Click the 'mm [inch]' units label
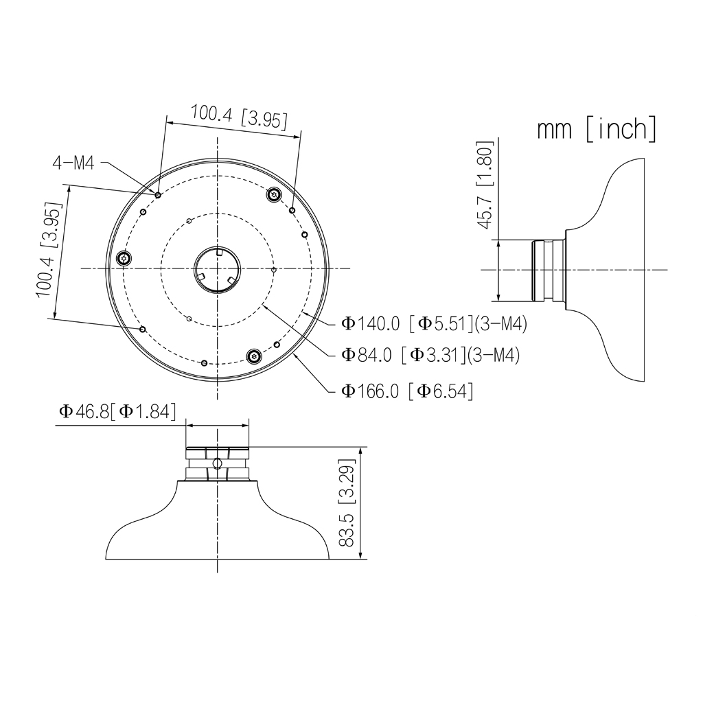[596, 129]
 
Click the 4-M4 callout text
[73, 163]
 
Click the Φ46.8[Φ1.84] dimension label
[117, 412]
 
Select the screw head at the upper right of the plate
[275, 195]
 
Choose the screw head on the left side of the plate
[124, 259]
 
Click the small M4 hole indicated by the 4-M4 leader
[158, 195]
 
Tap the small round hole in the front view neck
[217, 464]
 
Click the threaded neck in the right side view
[547, 270]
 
